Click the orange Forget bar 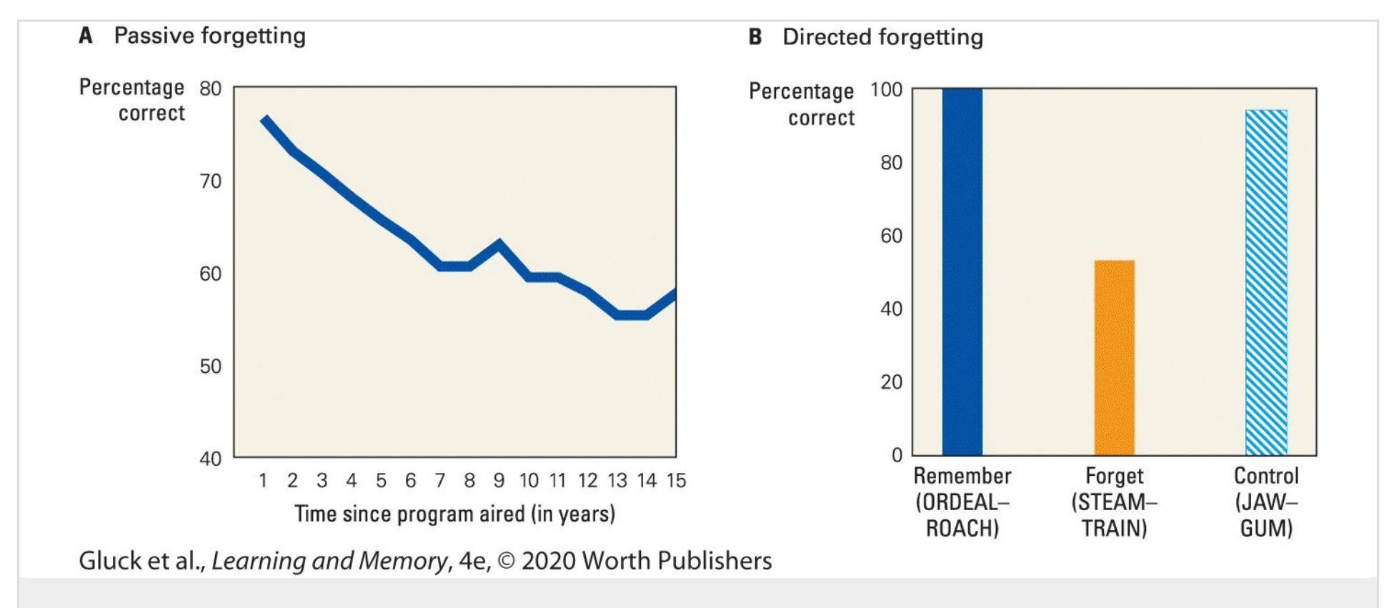[1114, 357]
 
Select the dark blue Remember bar [962, 271]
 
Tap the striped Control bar [1266, 282]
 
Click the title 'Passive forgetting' [209, 36]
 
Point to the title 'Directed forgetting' [882, 37]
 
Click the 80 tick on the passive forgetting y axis [210, 89]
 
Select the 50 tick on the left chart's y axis [210, 367]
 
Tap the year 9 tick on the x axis [499, 481]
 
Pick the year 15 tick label [676, 481]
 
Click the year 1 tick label [263, 481]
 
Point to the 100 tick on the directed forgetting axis [886, 90]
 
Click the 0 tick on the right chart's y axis [897, 455]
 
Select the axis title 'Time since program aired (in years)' [454, 514]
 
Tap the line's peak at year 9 [499, 244]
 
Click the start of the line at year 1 [265, 119]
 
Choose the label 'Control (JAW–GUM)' [1266, 502]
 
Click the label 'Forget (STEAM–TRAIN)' [1114, 502]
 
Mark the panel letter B [755, 37]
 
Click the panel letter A [86, 36]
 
